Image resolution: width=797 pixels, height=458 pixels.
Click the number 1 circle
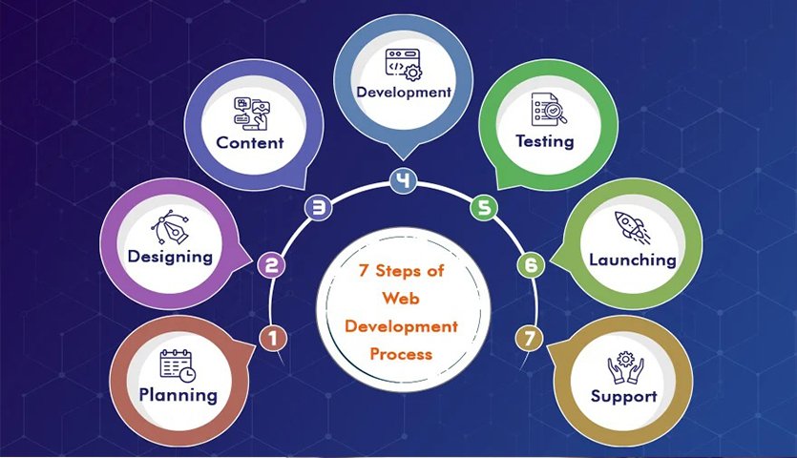coord(273,338)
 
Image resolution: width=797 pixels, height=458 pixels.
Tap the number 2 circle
coord(271,265)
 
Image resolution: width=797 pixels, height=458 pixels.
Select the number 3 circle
coord(318,208)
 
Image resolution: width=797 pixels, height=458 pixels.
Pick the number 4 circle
coord(404,181)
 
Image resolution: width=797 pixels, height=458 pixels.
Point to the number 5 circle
coord(484,208)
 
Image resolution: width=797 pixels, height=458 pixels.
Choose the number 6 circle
coord(531,265)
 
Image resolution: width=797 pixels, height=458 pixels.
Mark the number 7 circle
coord(530,338)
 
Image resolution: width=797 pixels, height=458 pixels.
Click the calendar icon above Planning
coord(178,365)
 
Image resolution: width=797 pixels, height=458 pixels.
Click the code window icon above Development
coord(404,65)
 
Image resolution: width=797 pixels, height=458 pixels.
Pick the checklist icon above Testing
coord(549,110)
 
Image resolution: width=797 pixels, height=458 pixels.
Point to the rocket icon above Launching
coord(632,228)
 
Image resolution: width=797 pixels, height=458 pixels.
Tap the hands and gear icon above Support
coord(625,367)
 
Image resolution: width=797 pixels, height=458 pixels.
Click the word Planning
coord(178,395)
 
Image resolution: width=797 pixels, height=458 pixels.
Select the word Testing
coord(545,141)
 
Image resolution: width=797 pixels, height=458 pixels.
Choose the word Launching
coord(632,260)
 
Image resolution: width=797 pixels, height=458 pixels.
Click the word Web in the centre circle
coord(401,298)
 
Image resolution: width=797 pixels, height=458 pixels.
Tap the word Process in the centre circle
coord(401,354)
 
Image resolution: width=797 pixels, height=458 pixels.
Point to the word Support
coord(623,397)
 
